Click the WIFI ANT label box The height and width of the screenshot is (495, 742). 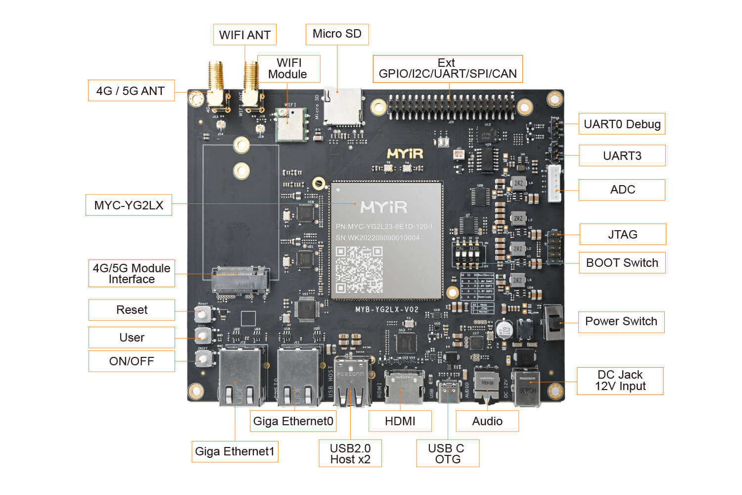tap(244, 35)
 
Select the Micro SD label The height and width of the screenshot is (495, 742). tap(337, 34)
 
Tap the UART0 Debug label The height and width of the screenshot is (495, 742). tap(622, 124)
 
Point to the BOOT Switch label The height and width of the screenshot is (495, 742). tap(622, 263)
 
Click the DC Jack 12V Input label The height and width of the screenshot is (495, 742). tap(620, 381)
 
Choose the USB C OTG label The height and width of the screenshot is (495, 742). tap(447, 453)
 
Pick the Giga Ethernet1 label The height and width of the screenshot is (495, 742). tap(234, 451)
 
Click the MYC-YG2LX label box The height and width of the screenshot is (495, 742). tap(129, 205)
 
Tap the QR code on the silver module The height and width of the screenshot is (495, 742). tap(359, 269)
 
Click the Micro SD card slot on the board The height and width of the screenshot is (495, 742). tap(342, 106)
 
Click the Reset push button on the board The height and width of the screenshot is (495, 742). tap(202, 314)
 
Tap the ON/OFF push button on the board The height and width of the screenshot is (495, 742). tap(202, 359)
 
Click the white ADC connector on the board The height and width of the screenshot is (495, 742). tap(555, 183)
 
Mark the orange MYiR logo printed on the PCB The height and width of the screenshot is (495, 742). tap(405, 153)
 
